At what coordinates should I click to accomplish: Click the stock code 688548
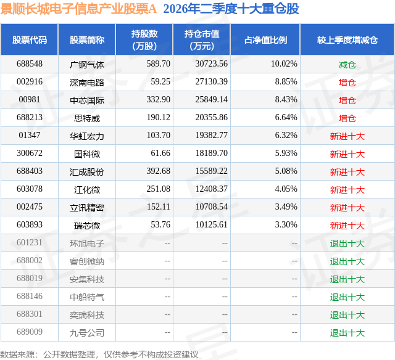tap(30, 64)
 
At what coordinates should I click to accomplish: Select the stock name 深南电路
tap(87, 82)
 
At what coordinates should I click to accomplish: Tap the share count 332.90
tap(159, 100)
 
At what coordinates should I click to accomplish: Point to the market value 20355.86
tap(211, 118)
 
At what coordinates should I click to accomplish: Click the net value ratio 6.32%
tap(286, 136)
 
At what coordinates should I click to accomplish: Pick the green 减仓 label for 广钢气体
tap(347, 65)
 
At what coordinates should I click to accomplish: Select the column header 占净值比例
tap(265, 39)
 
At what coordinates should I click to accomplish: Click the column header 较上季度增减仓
tap(347, 39)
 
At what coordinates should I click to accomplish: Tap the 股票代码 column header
tap(30, 39)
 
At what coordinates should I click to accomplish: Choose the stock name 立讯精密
tap(87, 207)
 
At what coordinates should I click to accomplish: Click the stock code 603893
tap(30, 224)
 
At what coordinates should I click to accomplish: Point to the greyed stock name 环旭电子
tap(87, 243)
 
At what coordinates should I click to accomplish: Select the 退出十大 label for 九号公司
tap(347, 333)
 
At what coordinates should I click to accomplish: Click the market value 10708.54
tap(211, 207)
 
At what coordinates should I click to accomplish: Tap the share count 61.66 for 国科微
tap(160, 153)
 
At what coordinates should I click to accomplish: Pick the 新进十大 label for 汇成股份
tap(347, 171)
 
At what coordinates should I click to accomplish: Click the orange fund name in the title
tap(78, 9)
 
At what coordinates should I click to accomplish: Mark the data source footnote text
tap(99, 354)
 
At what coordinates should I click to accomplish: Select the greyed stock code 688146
tap(30, 296)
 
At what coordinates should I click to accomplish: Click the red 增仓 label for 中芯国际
tap(347, 100)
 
